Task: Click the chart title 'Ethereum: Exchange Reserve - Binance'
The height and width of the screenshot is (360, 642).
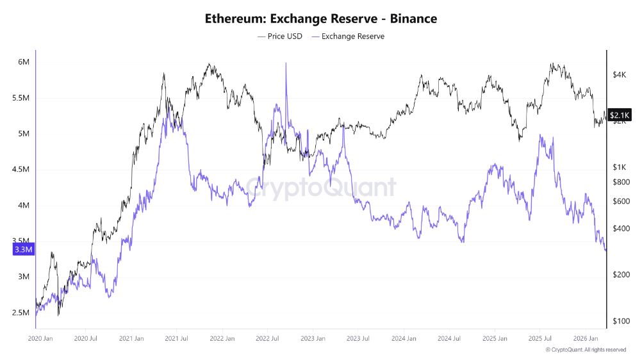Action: click(320, 19)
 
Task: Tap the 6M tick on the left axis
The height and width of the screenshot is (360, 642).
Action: click(24, 62)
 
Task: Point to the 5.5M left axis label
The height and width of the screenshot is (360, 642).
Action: click(21, 98)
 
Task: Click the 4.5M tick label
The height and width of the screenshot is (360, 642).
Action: click(21, 170)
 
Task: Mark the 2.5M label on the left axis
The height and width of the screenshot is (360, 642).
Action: click(21, 313)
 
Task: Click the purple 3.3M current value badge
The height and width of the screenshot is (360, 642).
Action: click(24, 249)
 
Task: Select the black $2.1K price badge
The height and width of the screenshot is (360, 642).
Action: click(620, 115)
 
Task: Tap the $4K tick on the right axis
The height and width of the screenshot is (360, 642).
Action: click(619, 75)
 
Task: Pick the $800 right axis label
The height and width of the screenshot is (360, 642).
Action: click(620, 182)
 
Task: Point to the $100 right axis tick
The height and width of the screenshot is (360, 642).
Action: click(620, 321)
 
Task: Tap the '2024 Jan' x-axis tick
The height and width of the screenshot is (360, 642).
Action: click(405, 338)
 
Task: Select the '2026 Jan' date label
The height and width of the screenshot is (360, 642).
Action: click(586, 338)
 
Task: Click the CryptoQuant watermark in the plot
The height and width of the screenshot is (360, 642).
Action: click(320, 188)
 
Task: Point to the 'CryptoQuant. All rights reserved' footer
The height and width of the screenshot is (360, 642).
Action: click(586, 350)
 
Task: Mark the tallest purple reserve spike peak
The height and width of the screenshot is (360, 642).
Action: click(286, 63)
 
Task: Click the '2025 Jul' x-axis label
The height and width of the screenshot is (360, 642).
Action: click(541, 338)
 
